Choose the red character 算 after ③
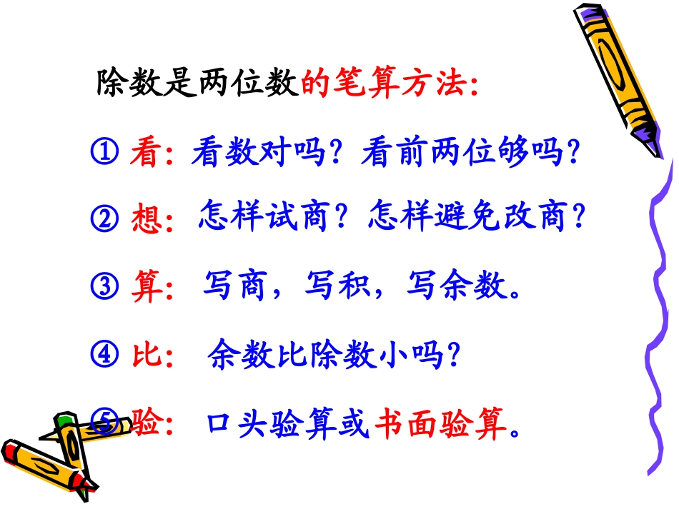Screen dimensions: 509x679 click(x=146, y=287)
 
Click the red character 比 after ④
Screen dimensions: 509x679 click(x=146, y=354)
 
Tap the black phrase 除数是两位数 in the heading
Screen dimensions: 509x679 click(x=197, y=86)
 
